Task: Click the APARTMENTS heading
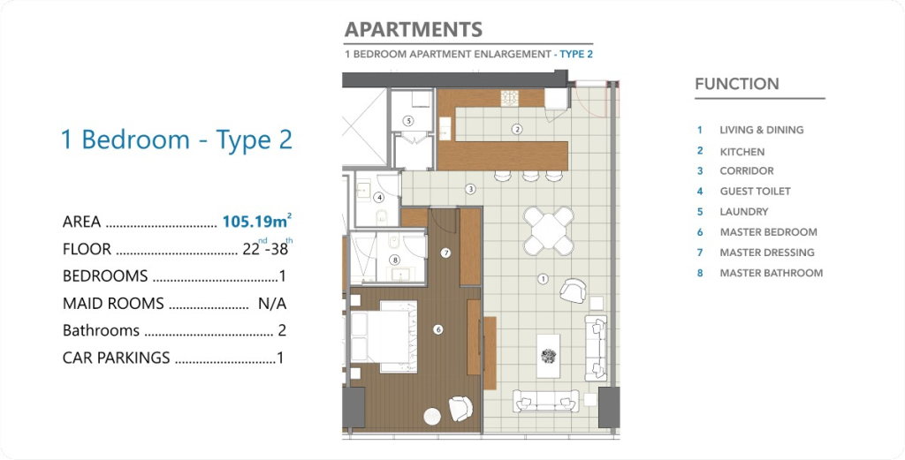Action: [x=414, y=29]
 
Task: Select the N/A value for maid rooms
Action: [x=272, y=303]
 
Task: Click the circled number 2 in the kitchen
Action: [x=517, y=129]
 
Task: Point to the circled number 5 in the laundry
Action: [x=408, y=121]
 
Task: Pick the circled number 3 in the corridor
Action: [x=470, y=188]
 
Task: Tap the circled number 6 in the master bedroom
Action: [x=438, y=329]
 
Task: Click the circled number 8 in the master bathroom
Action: [x=395, y=260]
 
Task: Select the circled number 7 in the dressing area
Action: [x=445, y=253]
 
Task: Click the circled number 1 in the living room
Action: [x=543, y=279]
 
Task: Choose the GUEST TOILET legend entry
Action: [x=755, y=192]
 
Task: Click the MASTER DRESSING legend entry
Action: [x=767, y=253]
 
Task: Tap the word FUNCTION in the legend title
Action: [x=737, y=84]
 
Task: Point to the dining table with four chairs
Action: [x=548, y=230]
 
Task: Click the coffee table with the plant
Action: [x=548, y=356]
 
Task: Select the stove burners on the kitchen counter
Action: [x=509, y=98]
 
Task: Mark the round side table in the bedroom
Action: [x=432, y=416]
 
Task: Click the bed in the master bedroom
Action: [x=384, y=336]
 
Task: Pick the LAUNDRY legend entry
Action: [x=744, y=212]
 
